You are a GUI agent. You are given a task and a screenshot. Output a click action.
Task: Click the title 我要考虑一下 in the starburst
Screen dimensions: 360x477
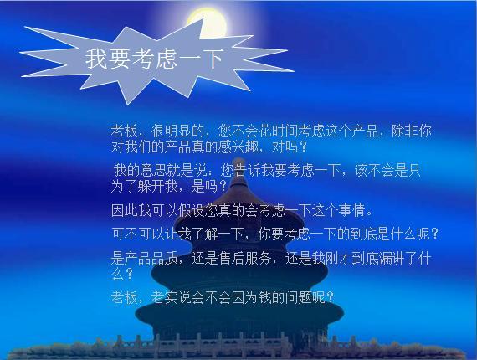tap(155, 59)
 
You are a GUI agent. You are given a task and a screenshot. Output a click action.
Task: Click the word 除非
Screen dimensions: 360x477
tap(406, 131)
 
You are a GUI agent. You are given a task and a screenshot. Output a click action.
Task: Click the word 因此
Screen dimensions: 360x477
tap(124, 210)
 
